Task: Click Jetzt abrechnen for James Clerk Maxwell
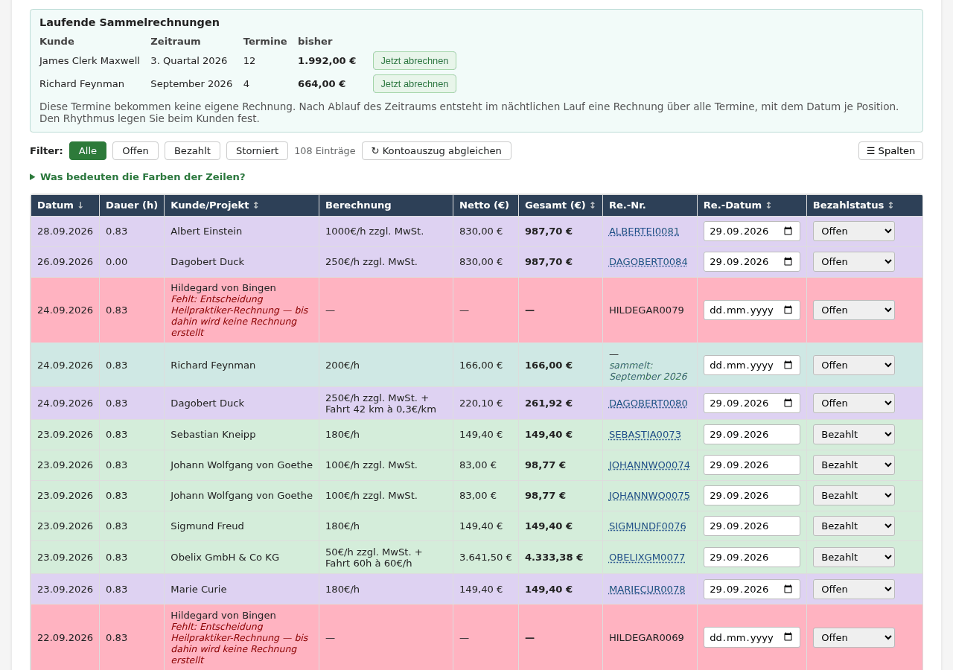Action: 415,61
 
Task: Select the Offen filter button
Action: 136,151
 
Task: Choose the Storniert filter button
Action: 257,151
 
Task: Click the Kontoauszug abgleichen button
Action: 436,151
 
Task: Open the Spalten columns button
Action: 890,151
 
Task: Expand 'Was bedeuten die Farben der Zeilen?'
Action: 138,177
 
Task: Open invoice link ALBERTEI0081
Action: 644,232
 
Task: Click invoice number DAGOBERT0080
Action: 648,403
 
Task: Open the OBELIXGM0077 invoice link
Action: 647,558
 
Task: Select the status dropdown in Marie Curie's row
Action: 853,590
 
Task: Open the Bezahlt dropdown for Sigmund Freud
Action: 853,526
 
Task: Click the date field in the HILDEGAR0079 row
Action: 751,310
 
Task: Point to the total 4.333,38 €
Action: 553,558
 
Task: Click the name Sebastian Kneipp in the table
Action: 213,435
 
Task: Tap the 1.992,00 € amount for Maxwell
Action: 327,61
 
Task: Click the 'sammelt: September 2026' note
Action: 648,371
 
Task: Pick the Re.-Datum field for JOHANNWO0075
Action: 751,496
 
